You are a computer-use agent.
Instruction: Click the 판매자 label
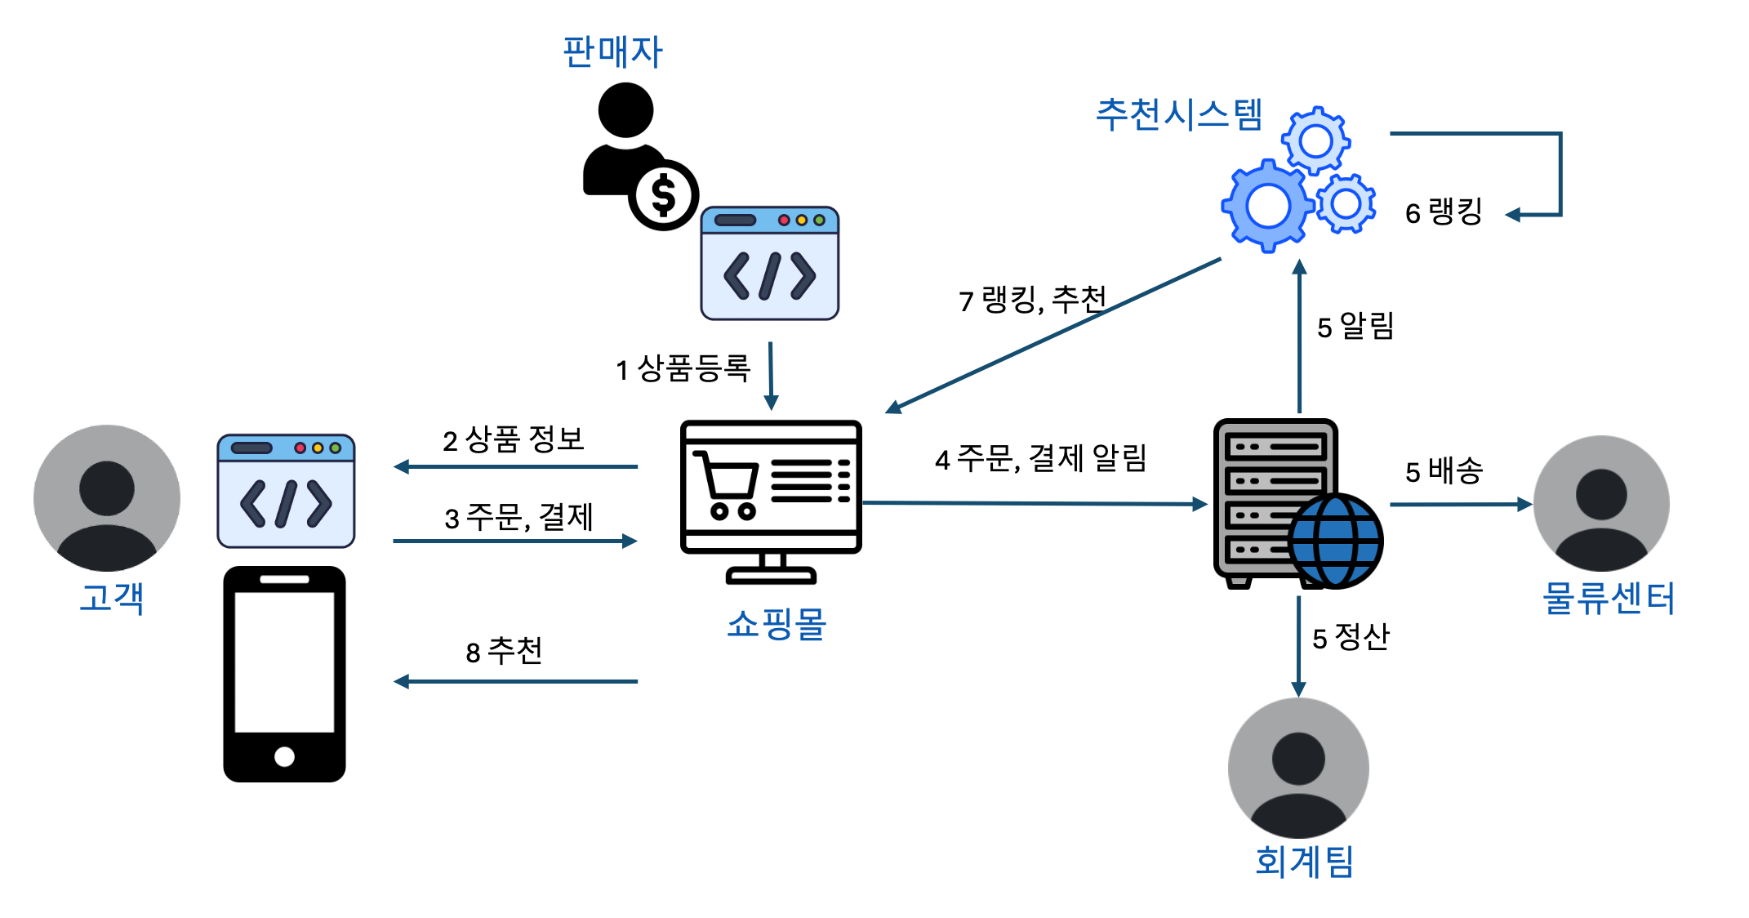tap(612, 52)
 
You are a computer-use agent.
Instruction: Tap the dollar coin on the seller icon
tap(663, 195)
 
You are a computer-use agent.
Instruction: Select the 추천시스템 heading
tap(1179, 114)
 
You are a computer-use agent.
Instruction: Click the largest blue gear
tap(1267, 206)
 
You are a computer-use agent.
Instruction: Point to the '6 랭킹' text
tap(1443, 212)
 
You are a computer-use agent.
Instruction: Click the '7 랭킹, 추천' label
tap(1032, 300)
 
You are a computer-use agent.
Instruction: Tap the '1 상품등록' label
tap(683, 369)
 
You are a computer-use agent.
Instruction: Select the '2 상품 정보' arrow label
tap(513, 440)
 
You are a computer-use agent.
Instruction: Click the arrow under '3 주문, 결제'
tap(514, 541)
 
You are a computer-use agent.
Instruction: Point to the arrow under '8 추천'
tap(514, 681)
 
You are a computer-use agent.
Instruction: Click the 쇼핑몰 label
tap(777, 625)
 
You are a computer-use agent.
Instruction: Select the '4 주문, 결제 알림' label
tap(1040, 459)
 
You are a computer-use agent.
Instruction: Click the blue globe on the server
tap(1336, 541)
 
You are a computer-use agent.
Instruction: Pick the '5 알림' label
tap(1355, 327)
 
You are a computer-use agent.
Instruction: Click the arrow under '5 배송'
tap(1460, 505)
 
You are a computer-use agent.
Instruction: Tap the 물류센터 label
tap(1608, 599)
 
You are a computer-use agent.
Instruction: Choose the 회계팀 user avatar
tap(1298, 768)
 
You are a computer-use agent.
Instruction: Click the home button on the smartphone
tap(284, 756)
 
